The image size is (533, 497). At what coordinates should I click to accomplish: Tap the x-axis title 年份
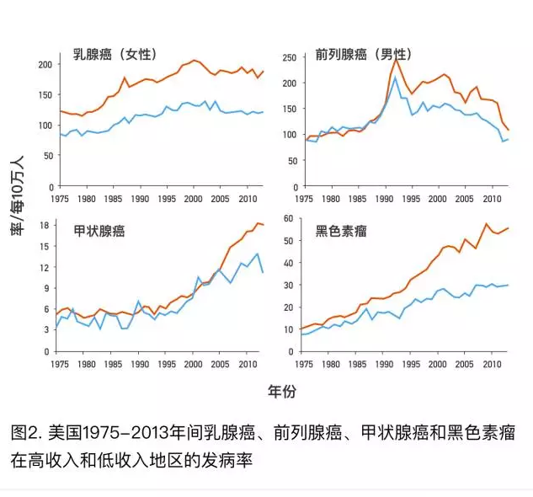pos(282,393)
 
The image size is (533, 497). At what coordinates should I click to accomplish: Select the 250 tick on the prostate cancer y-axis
pos(287,58)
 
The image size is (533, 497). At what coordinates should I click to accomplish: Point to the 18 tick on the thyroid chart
pos(48,227)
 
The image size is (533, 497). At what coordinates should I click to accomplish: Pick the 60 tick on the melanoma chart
pos(287,219)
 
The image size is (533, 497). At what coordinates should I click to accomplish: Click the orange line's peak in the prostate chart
pos(396,59)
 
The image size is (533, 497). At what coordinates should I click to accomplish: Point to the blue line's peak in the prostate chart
pos(395,77)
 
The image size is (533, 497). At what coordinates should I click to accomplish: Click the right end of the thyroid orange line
pos(264,225)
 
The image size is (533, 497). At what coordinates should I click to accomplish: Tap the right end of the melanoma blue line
pos(508,285)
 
